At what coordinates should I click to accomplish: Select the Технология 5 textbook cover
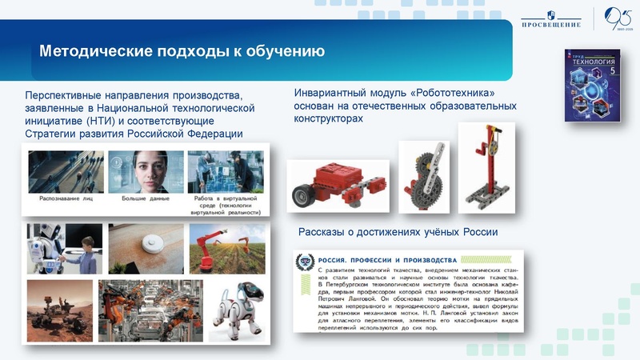[592, 86]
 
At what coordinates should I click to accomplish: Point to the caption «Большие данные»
[145, 197]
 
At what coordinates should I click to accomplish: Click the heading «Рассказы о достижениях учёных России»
[398, 232]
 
